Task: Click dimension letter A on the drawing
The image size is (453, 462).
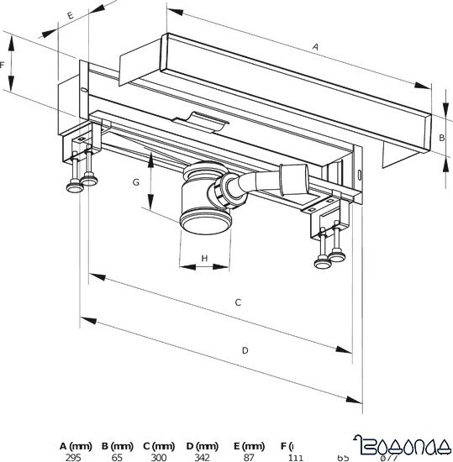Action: click(315, 49)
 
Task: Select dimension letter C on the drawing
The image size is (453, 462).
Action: click(238, 302)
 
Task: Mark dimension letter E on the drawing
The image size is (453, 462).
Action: click(71, 15)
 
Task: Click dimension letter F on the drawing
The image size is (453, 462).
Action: click(4, 64)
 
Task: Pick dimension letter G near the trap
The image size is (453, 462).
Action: click(134, 181)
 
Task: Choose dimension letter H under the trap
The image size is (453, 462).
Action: click(204, 258)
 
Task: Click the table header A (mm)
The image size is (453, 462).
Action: click(76, 445)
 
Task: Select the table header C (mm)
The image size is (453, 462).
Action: click(159, 445)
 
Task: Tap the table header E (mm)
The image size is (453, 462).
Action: click(249, 445)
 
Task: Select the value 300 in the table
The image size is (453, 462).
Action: click(159, 458)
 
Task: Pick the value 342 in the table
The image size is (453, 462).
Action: click(202, 458)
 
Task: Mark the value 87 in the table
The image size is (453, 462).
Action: click(249, 458)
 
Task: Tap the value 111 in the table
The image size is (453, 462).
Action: click(295, 458)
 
